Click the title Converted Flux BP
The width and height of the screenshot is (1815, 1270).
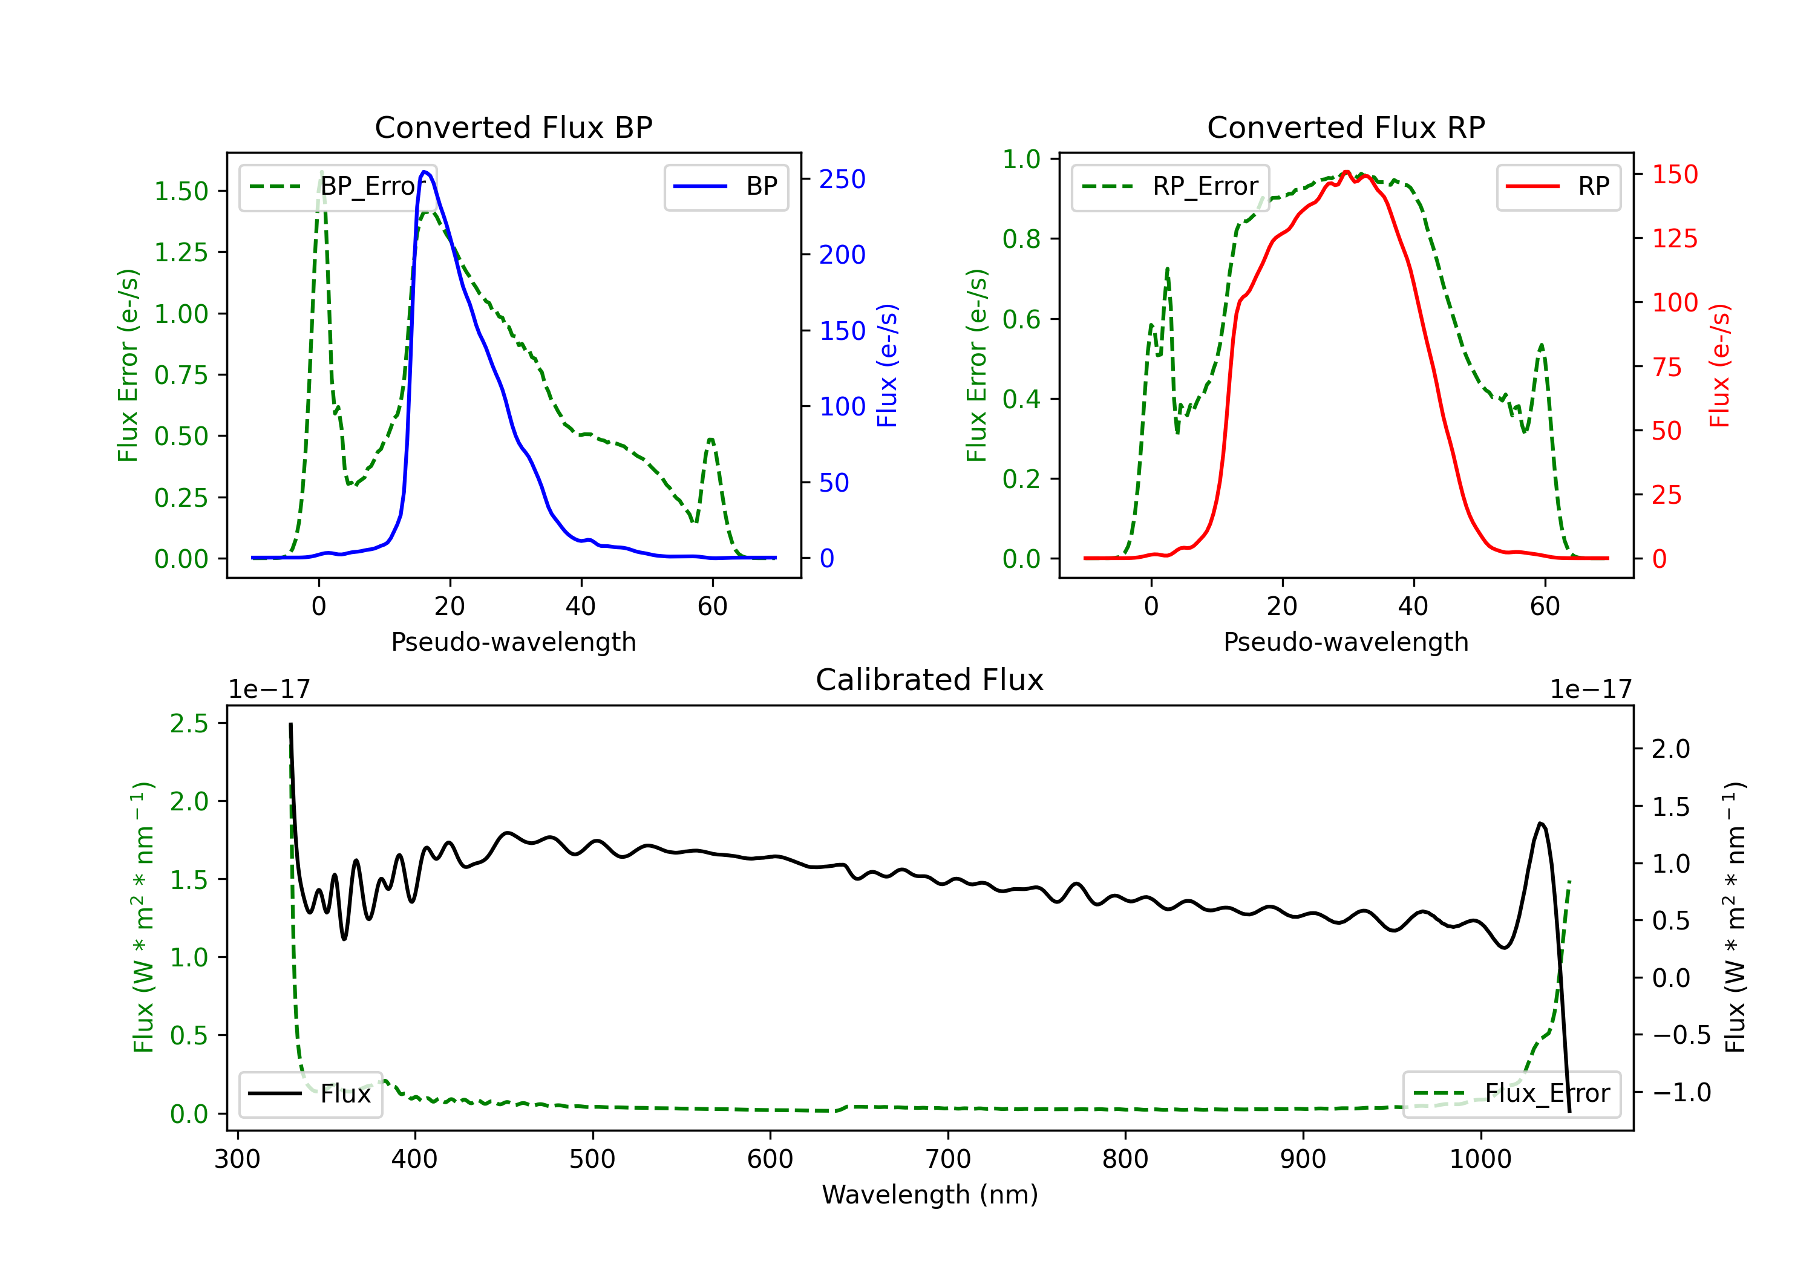click(514, 127)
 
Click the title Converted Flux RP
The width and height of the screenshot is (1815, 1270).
click(1346, 127)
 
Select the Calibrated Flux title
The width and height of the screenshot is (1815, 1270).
click(930, 680)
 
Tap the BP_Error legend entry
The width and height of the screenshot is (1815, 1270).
click(338, 186)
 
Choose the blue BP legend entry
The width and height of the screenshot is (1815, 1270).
click(725, 186)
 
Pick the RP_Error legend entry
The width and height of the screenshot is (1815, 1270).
click(1170, 186)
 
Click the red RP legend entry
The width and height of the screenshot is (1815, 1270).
click(1558, 186)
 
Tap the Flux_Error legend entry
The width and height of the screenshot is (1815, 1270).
click(1511, 1094)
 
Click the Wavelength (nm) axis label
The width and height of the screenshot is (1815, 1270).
click(930, 1195)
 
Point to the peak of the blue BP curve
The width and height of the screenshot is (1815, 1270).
click(425, 172)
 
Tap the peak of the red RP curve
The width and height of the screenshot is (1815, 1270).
click(1346, 172)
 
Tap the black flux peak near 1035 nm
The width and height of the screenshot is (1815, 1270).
click(1540, 824)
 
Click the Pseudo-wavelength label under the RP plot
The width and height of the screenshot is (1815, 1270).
click(1346, 642)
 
